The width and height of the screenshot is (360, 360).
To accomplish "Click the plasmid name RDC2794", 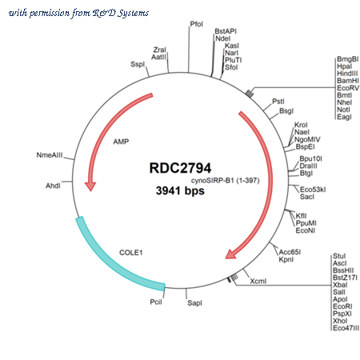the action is click(x=180, y=168).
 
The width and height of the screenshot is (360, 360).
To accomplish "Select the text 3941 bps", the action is click(x=180, y=191).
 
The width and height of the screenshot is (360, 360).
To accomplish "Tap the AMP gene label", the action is click(x=121, y=142).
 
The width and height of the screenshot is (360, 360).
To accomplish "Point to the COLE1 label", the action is click(x=131, y=253).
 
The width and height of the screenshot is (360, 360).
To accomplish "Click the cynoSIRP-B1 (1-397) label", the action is click(x=226, y=181).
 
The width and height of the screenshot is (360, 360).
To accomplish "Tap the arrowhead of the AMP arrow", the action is click(x=90, y=186).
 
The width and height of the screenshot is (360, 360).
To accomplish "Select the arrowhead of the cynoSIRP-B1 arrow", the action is click(x=231, y=254).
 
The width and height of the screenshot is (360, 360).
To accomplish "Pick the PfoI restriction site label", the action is click(x=197, y=24).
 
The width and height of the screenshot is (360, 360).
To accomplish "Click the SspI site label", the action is click(x=138, y=64).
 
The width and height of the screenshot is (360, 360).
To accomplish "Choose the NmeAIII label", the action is click(x=50, y=155).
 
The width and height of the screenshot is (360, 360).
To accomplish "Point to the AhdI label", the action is click(x=53, y=186).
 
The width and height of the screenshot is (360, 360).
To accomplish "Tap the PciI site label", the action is click(x=156, y=302).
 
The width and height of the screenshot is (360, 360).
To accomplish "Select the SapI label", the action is click(x=194, y=303).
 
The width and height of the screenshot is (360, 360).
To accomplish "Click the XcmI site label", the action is click(x=258, y=281).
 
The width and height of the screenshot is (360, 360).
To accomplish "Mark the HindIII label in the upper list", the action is click(x=347, y=74).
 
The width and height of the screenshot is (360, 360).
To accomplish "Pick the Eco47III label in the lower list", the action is click(x=346, y=328).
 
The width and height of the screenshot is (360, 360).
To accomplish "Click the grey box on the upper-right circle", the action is click(x=250, y=94).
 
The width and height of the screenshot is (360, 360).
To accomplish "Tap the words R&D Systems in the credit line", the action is click(x=121, y=13).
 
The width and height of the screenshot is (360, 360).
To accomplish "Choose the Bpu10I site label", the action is click(x=310, y=159).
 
